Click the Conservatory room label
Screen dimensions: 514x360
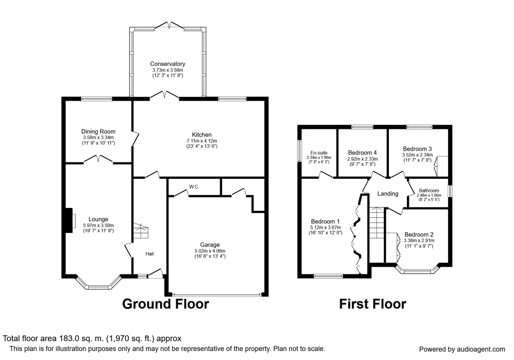click(x=167, y=64)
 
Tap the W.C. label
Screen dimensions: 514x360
click(x=194, y=187)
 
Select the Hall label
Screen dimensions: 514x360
click(x=149, y=254)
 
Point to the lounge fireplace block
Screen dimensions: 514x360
click(x=69, y=220)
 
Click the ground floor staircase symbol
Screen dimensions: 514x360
click(x=141, y=231)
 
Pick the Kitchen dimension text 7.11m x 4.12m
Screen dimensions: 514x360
click(x=202, y=141)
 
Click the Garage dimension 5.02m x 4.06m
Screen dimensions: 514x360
click(x=210, y=251)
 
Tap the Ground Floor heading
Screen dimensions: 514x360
click(x=165, y=304)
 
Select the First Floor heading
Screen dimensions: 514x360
click(x=373, y=304)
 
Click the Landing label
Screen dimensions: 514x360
click(x=388, y=194)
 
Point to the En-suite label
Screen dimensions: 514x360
click(x=319, y=153)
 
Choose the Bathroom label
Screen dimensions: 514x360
click(x=429, y=191)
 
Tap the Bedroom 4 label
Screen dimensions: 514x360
click(x=362, y=153)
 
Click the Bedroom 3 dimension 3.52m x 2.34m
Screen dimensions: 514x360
click(x=417, y=155)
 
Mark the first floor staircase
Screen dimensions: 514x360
click(x=377, y=235)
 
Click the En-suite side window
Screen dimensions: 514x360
click(x=299, y=151)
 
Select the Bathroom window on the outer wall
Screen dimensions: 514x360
click(x=450, y=191)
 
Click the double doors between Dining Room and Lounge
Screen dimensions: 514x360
click(x=98, y=159)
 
